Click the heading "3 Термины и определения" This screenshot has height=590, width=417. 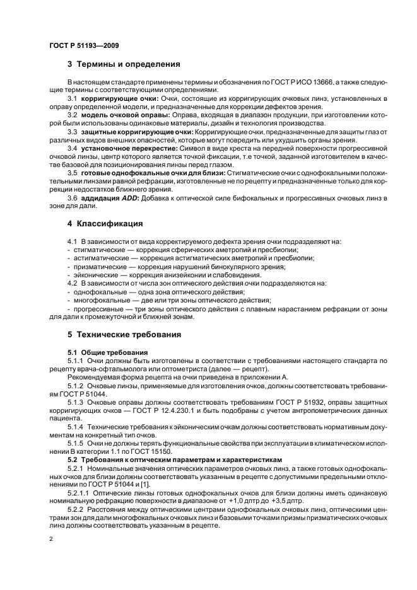(x=124, y=64)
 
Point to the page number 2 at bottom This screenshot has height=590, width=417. (x=51, y=539)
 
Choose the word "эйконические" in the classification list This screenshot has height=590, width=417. (x=94, y=275)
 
